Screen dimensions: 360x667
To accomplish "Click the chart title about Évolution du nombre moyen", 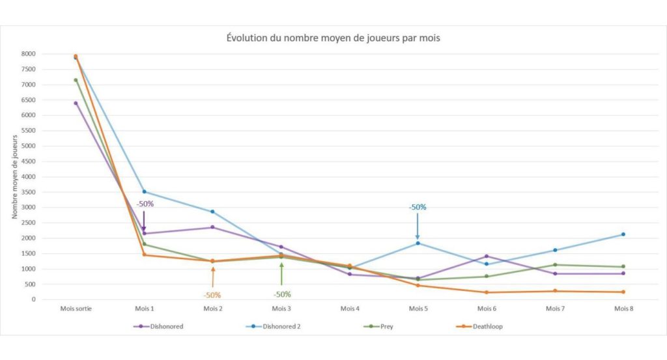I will pyautogui.click(x=333, y=38).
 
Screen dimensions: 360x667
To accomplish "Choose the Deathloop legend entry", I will pyautogui.click(x=483, y=326).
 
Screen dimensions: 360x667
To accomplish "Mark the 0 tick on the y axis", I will pyautogui.click(x=33, y=299).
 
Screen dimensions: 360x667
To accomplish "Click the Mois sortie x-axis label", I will pyautogui.click(x=76, y=309).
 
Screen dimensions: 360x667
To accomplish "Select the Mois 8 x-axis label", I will pyautogui.click(x=623, y=309).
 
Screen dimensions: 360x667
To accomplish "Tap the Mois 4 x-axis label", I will pyautogui.click(x=349, y=309).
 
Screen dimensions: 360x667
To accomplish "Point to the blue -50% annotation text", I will pyautogui.click(x=418, y=207).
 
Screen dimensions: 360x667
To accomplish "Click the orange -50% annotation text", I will pyautogui.click(x=212, y=295).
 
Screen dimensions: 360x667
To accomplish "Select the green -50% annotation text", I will pyautogui.click(x=281, y=294).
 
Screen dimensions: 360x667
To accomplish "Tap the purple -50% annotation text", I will pyautogui.click(x=145, y=204).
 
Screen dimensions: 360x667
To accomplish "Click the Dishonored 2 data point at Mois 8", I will pyautogui.click(x=623, y=234).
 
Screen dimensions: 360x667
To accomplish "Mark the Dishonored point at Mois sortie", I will pyautogui.click(x=76, y=103).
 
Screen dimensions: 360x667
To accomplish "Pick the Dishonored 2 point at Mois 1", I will pyautogui.click(x=144, y=191).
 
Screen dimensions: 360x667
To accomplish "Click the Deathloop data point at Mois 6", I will pyautogui.click(x=487, y=292).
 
